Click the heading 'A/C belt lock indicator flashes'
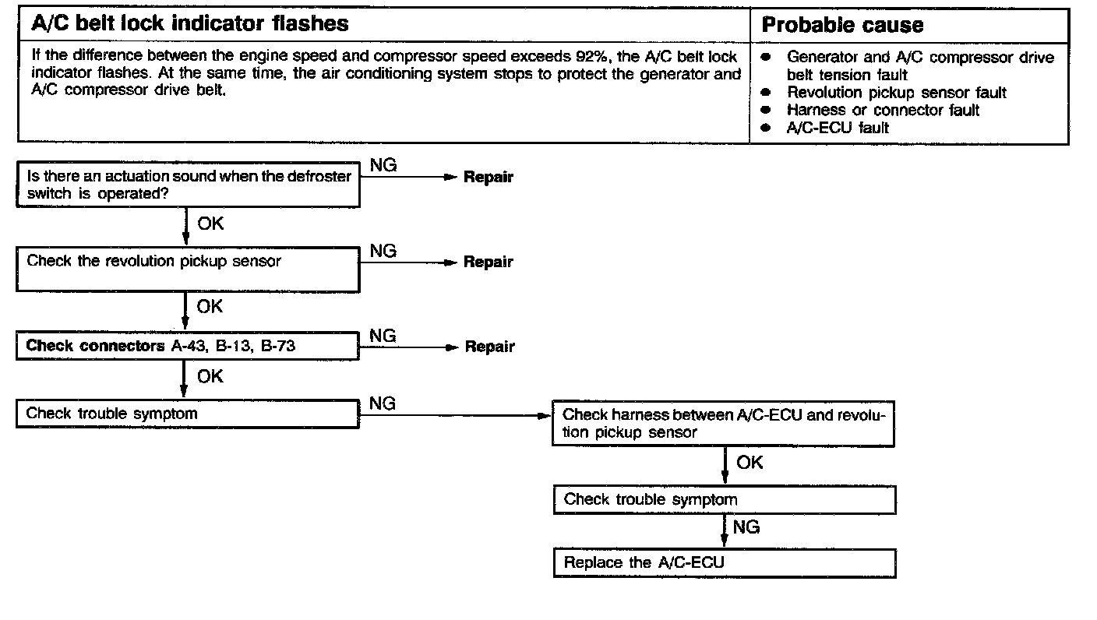[190, 24]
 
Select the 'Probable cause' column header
[842, 26]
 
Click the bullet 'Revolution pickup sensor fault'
[896, 93]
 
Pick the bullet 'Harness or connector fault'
[883, 110]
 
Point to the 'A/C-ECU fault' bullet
[838, 127]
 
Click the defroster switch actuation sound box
[188, 185]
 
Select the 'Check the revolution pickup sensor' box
[188, 269]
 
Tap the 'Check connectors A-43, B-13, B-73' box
[188, 347]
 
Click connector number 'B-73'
[278, 346]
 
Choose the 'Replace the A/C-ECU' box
[725, 563]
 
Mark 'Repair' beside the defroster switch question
[489, 177]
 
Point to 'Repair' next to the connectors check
[489, 347]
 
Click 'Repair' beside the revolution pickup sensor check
[489, 262]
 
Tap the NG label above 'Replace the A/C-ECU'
[746, 527]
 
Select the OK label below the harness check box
[750, 463]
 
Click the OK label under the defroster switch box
[210, 224]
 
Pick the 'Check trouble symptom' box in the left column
[188, 414]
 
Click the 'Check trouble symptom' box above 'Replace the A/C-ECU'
[725, 499]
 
